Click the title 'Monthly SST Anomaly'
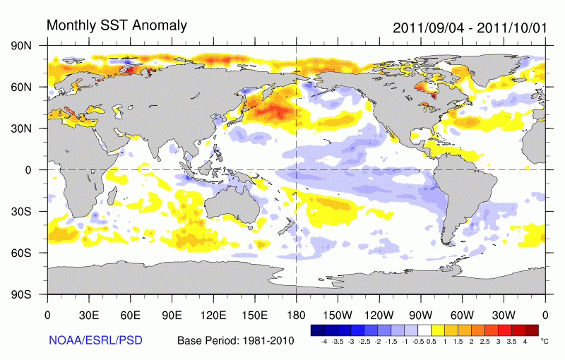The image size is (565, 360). (x=117, y=25)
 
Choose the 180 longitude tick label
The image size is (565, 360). (x=296, y=315)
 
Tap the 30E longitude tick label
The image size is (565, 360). (x=89, y=315)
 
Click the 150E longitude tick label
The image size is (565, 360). (x=254, y=315)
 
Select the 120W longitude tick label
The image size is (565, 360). (x=379, y=315)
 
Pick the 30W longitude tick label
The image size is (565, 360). (x=504, y=315)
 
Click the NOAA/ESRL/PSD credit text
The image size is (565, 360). (x=95, y=340)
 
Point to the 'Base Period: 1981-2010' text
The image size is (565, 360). (x=235, y=340)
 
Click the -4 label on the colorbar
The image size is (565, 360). (x=323, y=341)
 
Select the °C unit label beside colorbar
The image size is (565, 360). (x=544, y=340)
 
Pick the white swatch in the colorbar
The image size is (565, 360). (x=424, y=330)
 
